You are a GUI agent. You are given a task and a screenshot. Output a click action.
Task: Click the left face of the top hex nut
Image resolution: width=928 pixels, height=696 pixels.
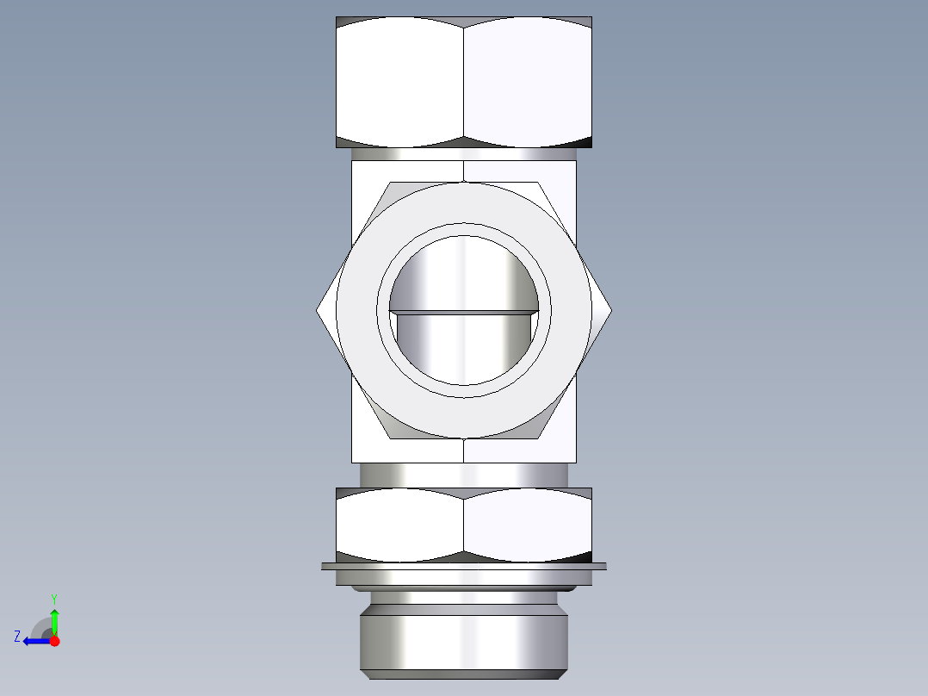click(x=399, y=82)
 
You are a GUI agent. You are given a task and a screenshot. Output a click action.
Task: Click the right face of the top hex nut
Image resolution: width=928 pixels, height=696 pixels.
click(x=528, y=82)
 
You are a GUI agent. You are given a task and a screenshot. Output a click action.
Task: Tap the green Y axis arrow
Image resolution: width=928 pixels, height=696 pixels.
click(x=54, y=618)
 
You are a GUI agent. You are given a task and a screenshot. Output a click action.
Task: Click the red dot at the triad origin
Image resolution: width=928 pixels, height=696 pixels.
click(x=54, y=641)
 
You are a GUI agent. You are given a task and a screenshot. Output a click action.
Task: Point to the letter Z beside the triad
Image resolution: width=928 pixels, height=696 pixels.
click(x=17, y=637)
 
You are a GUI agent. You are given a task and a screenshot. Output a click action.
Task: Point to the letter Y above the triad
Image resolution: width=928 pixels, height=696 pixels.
click(x=53, y=598)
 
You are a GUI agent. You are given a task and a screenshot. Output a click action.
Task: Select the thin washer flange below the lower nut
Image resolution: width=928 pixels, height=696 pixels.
click(x=464, y=566)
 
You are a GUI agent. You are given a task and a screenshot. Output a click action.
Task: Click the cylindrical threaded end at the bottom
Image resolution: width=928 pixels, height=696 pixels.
click(x=464, y=637)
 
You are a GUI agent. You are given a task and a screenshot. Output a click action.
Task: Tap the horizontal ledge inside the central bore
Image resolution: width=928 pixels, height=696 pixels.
click(x=464, y=311)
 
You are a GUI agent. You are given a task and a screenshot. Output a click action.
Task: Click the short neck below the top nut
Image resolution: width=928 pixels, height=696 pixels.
click(x=464, y=153)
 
